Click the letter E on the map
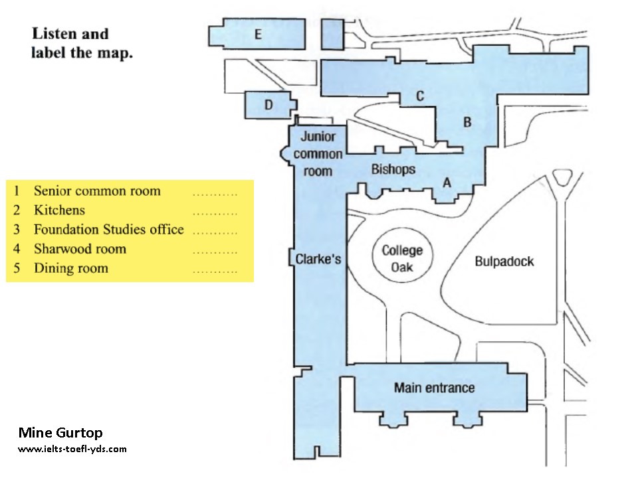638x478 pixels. tap(258, 35)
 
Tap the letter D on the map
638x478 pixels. tap(268, 105)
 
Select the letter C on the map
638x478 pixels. tap(419, 96)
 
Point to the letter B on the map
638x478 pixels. tap(467, 122)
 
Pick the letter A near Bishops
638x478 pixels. tap(447, 182)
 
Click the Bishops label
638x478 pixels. tap(393, 169)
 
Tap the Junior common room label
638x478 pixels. tap(318, 154)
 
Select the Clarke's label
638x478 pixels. tap(318, 259)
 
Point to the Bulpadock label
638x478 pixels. tap(504, 261)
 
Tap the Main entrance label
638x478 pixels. tap(434, 388)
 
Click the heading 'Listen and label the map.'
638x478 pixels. tap(82, 43)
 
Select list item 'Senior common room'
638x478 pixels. tap(97, 191)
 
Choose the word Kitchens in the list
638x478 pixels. tap(59, 210)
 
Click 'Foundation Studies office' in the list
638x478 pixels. tap(108, 230)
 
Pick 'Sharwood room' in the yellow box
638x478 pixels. tap(80, 249)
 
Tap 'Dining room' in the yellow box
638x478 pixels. tap(70, 268)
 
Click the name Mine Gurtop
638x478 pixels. tap(60, 433)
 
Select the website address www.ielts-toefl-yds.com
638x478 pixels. tap(72, 449)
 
